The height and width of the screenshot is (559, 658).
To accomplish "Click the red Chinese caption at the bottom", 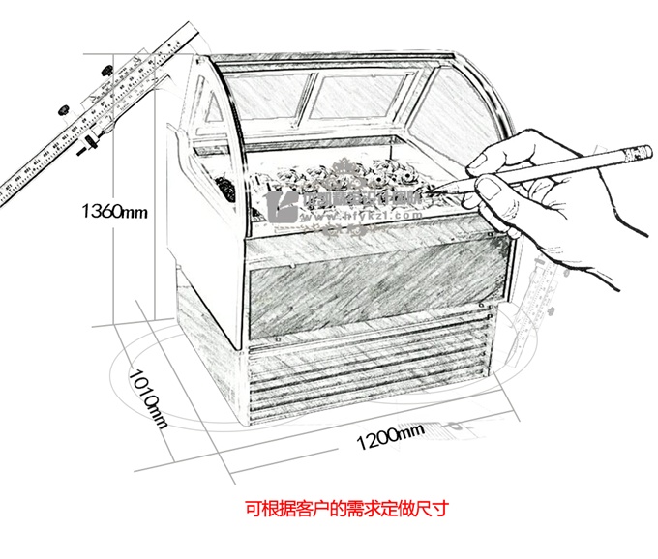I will [x=328, y=507].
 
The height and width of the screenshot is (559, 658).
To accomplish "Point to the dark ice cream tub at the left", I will [x=224, y=186].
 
